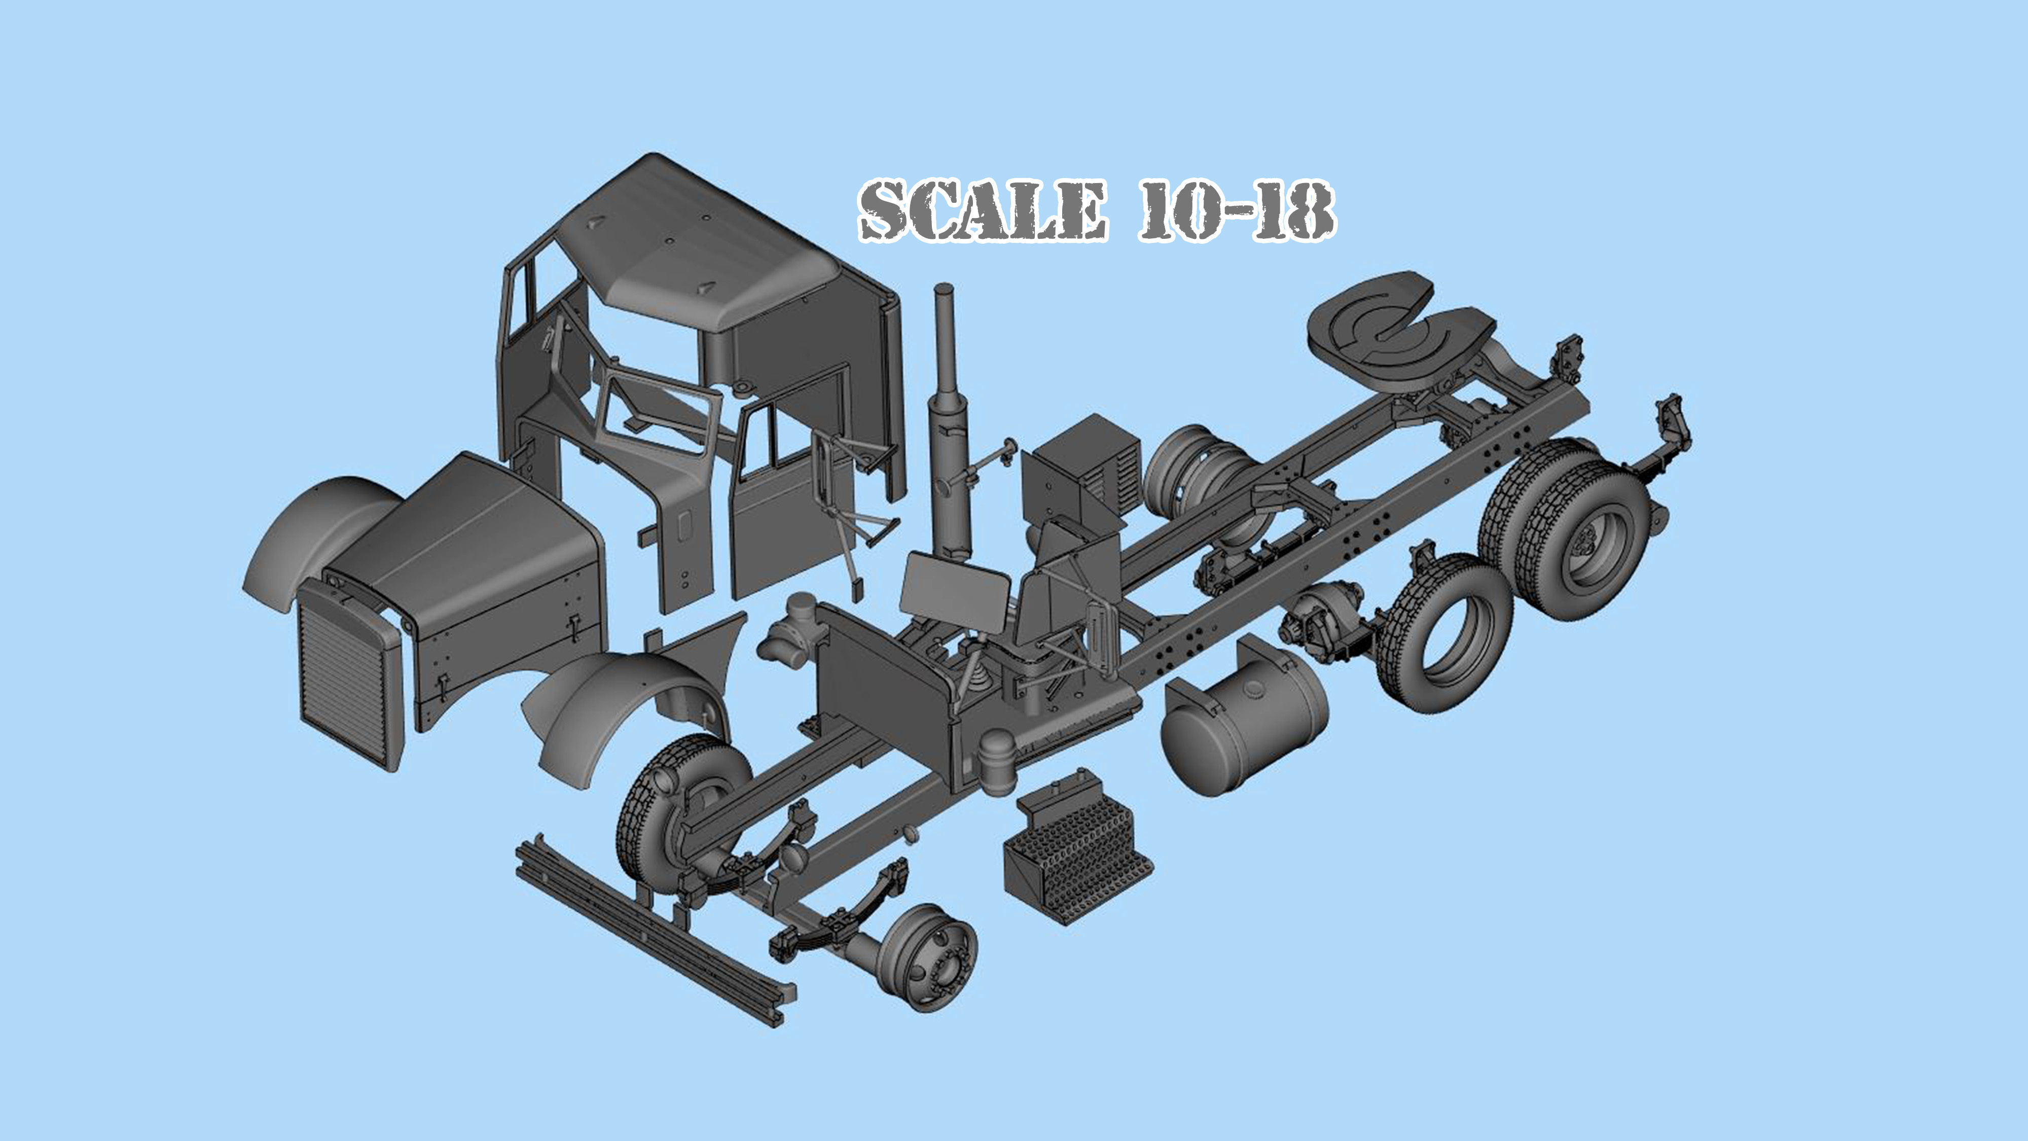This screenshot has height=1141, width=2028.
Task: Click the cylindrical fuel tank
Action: [x=1244, y=732]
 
